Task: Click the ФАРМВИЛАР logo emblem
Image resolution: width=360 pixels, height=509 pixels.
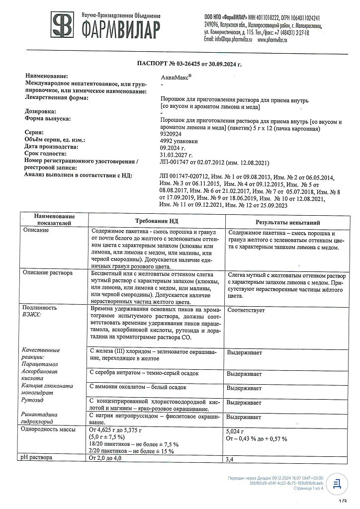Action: click(x=64, y=27)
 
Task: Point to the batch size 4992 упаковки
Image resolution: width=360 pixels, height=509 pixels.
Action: click(x=179, y=141)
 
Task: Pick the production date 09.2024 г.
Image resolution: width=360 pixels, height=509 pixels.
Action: click(x=172, y=148)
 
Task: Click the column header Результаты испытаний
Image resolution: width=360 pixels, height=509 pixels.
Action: click(x=287, y=223)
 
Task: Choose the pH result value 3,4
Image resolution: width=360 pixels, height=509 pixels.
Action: click(x=230, y=459)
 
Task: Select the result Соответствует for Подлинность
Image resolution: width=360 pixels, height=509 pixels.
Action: click(x=246, y=310)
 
